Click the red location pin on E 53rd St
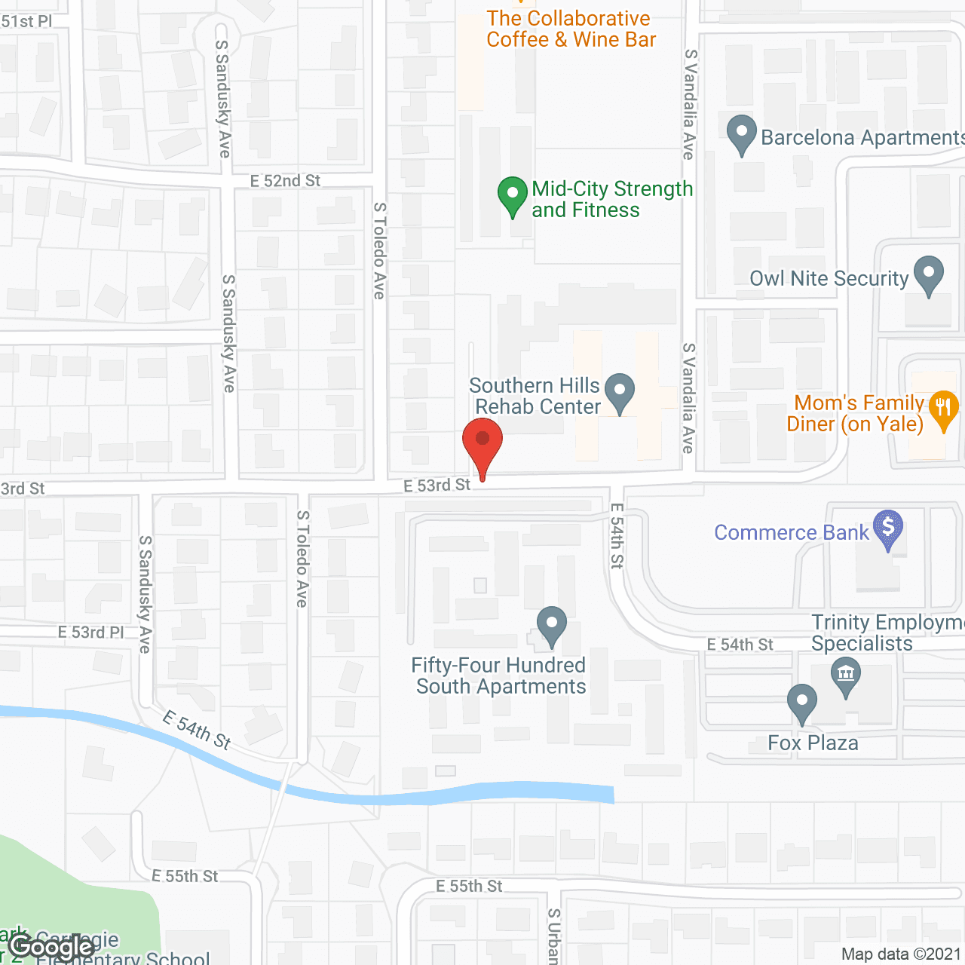[482, 440]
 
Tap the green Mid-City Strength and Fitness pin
[513, 195]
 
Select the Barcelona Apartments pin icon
[742, 133]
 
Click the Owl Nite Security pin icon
[928, 274]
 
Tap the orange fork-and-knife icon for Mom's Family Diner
[943, 409]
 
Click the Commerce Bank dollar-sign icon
[888, 528]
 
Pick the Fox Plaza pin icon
[801, 703]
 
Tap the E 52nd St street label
[285, 181]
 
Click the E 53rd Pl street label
[90, 632]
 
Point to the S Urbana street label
[553, 936]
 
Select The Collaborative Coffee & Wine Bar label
[571, 29]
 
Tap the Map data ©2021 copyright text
[900, 954]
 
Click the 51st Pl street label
[26, 21]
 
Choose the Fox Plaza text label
[813, 743]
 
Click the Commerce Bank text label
[792, 533]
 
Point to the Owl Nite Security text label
[829, 279]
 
